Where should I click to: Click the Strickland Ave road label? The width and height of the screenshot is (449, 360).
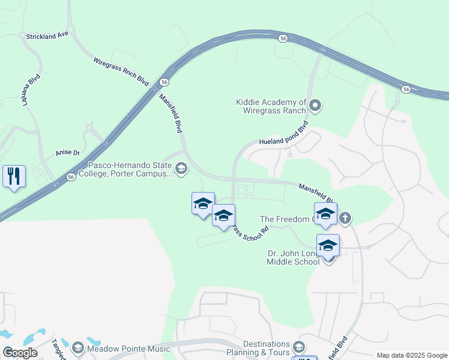47,37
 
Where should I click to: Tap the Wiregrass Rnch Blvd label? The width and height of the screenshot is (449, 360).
121,71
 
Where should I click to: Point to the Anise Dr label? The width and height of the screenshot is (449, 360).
68,152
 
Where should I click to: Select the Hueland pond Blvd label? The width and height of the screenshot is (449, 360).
283,134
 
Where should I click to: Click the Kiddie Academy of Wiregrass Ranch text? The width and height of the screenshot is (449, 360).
271,106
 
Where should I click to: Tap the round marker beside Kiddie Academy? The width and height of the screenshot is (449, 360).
315,107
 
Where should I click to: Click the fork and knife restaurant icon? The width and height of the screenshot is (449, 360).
14,176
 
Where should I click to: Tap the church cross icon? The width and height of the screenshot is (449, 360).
345,218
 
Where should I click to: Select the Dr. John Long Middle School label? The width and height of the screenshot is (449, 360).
294,257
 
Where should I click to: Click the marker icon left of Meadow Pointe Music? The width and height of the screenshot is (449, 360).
77,349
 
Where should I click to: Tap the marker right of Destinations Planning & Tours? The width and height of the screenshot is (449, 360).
299,347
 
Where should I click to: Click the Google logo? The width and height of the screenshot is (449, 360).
20,353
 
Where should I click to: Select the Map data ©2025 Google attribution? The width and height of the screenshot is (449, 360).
412,355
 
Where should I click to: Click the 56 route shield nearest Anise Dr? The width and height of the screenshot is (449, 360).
71,177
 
